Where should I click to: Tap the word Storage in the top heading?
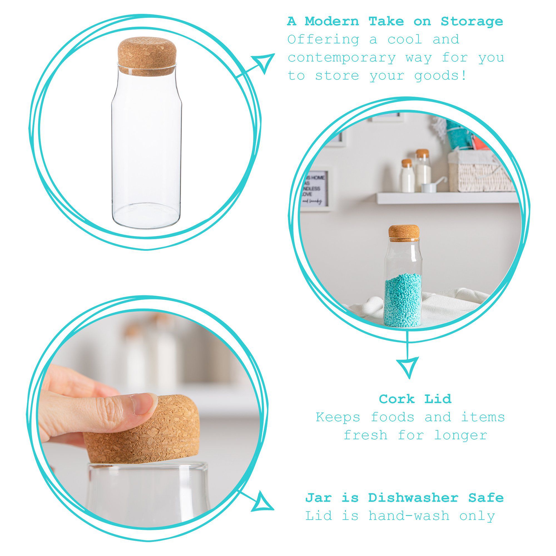tap(472, 22)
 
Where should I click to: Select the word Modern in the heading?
tap(332, 22)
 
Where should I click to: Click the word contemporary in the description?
tap(342, 58)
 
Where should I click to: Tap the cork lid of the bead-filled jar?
tap(403, 232)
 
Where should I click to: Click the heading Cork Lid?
tap(415, 399)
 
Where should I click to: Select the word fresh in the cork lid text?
tap(366, 435)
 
